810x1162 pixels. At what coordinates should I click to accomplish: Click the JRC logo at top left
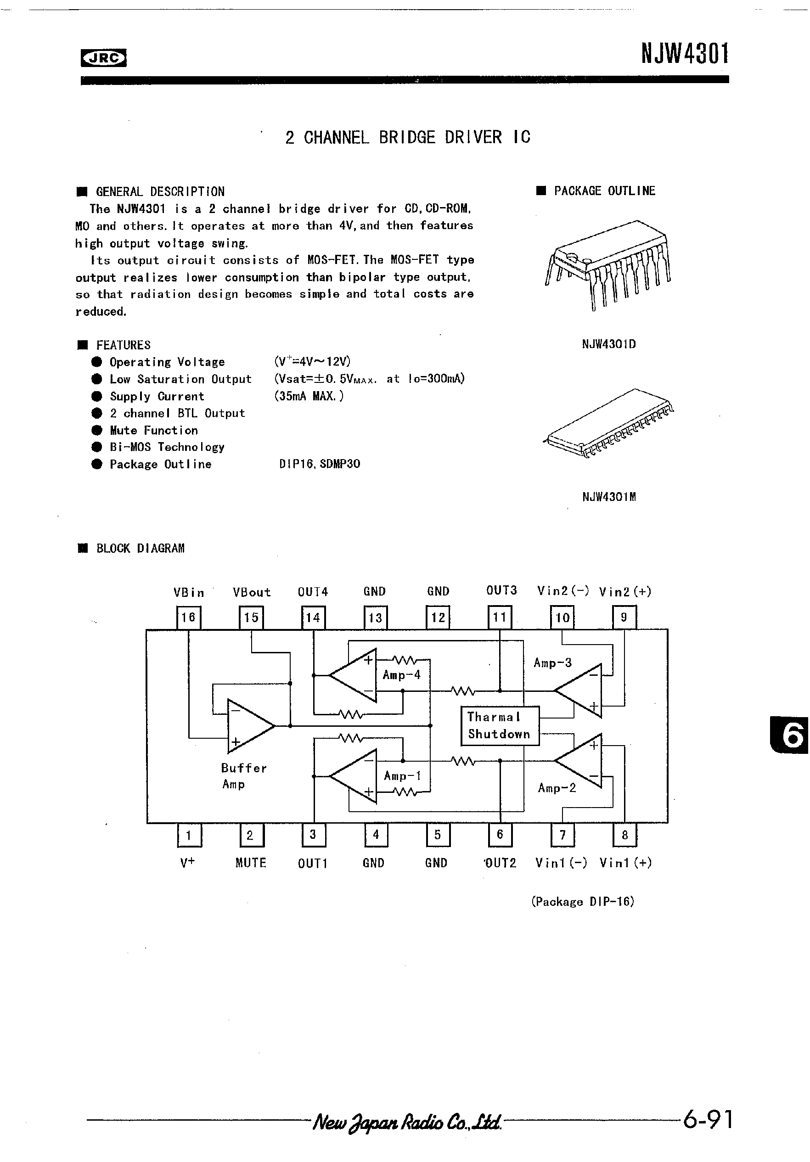tap(103, 58)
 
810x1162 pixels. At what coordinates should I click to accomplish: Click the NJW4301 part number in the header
tap(685, 54)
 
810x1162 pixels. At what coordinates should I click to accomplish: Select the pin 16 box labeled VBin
tap(188, 617)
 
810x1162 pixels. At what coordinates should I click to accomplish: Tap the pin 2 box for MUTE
tap(251, 835)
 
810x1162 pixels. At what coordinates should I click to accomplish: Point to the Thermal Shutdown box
tap(499, 726)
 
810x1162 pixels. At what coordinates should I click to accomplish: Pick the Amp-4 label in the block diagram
tap(401, 674)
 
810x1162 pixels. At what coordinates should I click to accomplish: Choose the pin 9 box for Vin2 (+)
tap(624, 617)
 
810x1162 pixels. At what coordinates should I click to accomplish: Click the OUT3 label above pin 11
tap(501, 590)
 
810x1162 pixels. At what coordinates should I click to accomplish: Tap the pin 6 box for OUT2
tap(500, 835)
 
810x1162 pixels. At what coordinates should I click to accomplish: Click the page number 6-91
tap(707, 1119)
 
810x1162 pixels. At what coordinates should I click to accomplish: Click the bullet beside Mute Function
tap(97, 430)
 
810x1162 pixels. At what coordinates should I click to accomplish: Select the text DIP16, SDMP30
tap(320, 464)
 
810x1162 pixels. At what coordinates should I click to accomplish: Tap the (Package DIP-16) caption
tap(582, 901)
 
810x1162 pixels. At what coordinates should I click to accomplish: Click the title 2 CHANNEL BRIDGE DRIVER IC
tap(408, 137)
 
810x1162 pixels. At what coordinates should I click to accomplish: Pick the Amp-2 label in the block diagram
tap(557, 787)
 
